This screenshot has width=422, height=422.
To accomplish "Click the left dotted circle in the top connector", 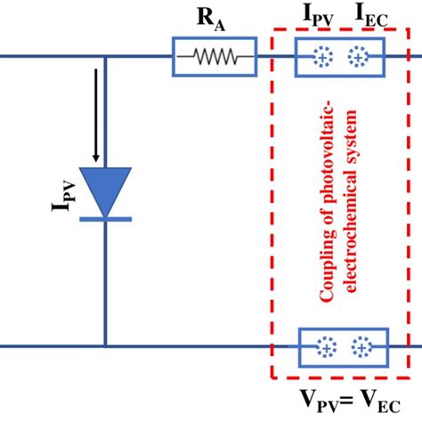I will tap(319, 58).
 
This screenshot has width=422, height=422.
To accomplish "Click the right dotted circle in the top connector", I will tap(358, 58).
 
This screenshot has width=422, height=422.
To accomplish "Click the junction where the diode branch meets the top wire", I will tap(105, 58).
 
